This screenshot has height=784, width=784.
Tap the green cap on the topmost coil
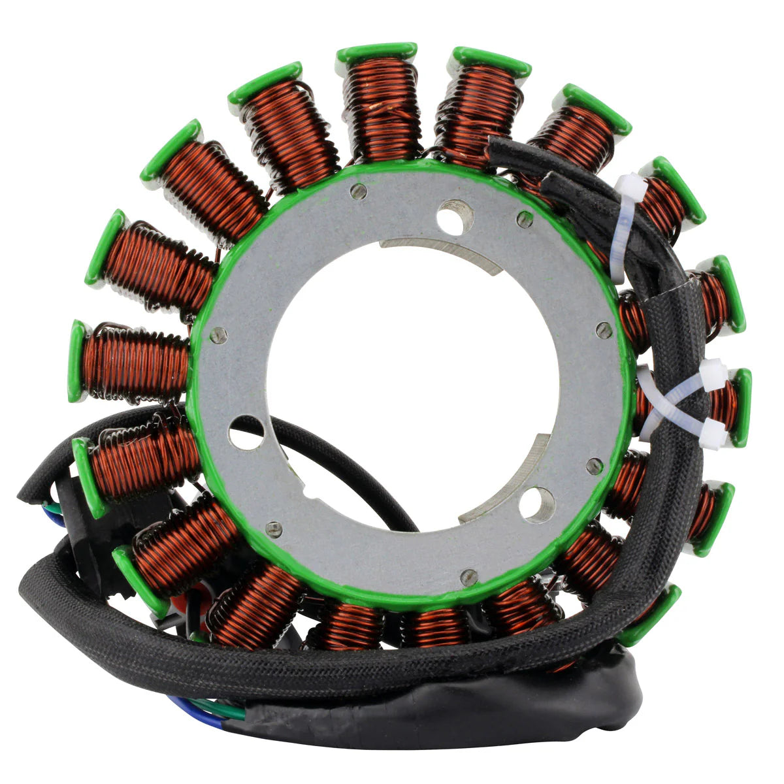coord(377,52)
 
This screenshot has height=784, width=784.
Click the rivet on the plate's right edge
coord(604,331)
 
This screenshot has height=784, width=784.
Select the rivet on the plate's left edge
coord(220,336)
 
